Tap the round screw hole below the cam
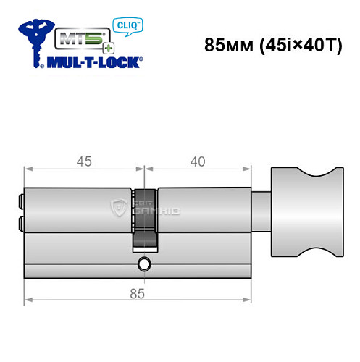[144, 264]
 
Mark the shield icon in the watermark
[117, 209]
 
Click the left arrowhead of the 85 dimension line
[28, 300]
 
